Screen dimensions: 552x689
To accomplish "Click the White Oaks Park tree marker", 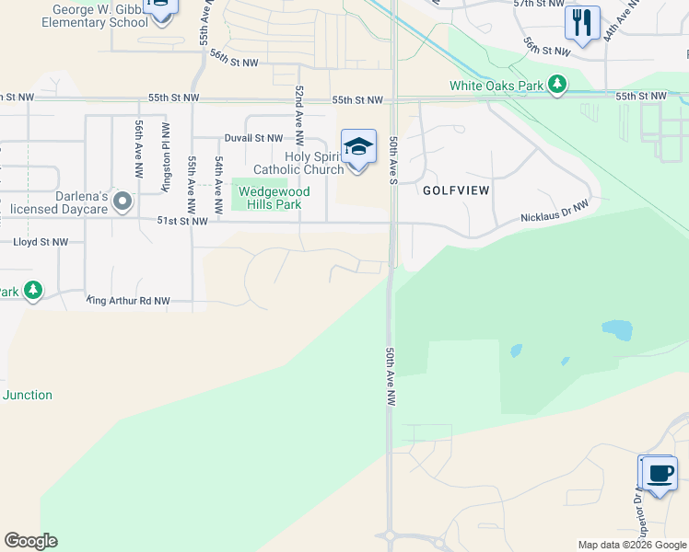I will (556, 86).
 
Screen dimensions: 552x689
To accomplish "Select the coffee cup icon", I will (659, 474).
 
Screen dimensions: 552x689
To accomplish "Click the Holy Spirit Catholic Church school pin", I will (358, 147).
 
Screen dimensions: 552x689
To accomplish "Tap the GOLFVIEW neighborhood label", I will (455, 190).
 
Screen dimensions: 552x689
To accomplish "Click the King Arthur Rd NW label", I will (129, 301).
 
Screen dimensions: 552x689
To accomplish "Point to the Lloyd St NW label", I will (41, 242).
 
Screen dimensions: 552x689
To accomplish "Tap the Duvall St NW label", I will (253, 138).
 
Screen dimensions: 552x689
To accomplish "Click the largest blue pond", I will (617, 329).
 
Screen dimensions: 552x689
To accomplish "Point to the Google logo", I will (30, 541).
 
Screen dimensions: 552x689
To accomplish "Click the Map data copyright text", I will (632, 545).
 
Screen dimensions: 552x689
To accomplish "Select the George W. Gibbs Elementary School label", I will (99, 16).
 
